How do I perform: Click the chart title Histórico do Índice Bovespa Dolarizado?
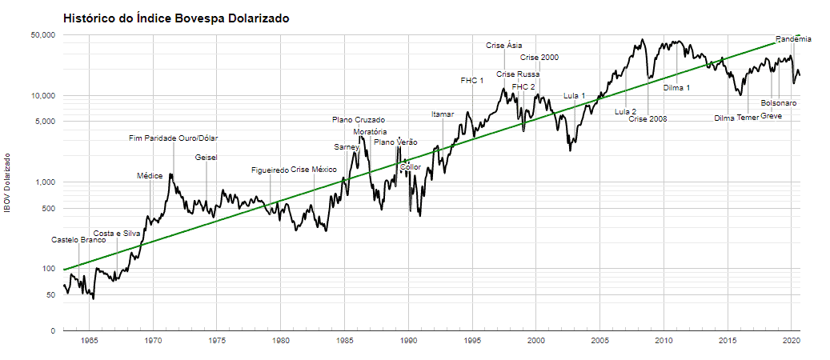(176, 18)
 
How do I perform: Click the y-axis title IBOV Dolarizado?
(7, 183)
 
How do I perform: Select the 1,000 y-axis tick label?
(43, 182)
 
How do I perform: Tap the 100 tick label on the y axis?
(46, 269)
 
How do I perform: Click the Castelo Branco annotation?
(78, 240)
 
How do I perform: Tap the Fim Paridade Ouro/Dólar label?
(173, 138)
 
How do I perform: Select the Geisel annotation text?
(206, 158)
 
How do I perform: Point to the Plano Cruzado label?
(359, 120)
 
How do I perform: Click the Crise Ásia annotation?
(504, 46)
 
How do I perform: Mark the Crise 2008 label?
(648, 119)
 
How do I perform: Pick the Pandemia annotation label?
(793, 39)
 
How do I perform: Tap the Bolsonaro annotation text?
(779, 103)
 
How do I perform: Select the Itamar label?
(443, 114)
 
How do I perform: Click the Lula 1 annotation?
(575, 96)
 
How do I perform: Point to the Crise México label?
(314, 170)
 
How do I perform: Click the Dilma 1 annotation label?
(676, 88)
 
